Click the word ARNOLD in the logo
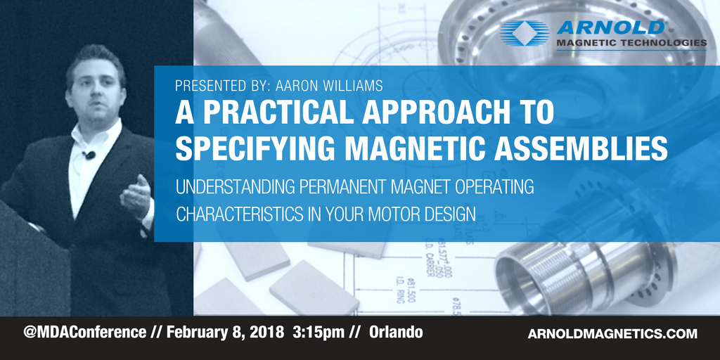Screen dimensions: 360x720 610,27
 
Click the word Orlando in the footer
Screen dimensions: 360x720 396,331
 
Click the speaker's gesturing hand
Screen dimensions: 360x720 136,193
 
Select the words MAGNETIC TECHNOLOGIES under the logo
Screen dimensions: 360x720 631,43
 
